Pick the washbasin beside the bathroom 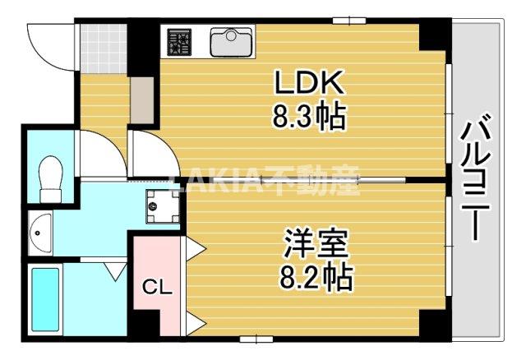tap(41, 233)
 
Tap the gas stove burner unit tap(179, 41)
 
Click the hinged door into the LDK tap(150, 154)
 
